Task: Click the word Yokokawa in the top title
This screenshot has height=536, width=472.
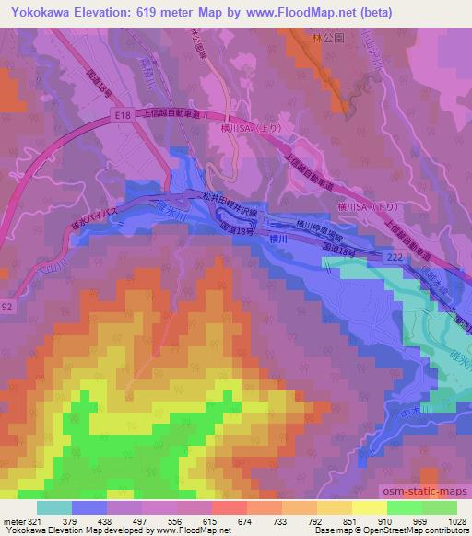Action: [x=41, y=12]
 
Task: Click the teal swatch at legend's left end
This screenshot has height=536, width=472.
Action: [x=54, y=507]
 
